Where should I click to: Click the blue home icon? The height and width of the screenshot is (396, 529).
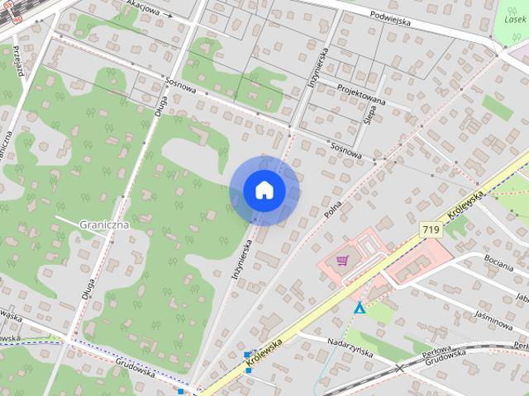click(x=264, y=191)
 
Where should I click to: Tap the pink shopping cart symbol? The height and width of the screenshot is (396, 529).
click(x=342, y=261)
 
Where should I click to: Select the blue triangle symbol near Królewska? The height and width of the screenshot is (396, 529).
click(x=360, y=308)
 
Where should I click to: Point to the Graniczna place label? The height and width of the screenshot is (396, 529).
click(x=103, y=224)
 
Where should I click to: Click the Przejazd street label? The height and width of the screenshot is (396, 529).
click(x=17, y=63)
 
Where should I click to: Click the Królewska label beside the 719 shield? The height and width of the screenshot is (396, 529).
click(x=465, y=211)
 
